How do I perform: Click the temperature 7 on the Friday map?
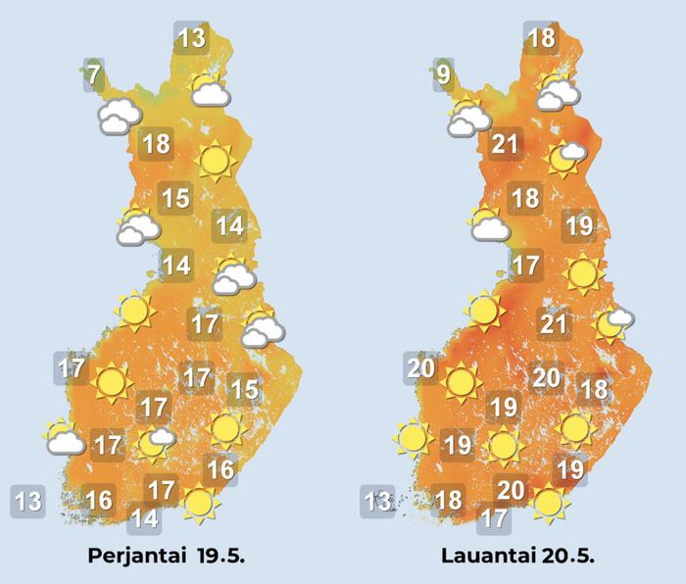[92, 74]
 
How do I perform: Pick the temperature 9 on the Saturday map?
[444, 74]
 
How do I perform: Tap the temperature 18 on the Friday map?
[156, 145]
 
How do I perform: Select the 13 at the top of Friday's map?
[192, 39]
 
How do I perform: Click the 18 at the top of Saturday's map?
[541, 39]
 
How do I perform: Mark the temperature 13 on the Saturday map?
[377, 503]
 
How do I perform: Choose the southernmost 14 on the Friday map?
[144, 517]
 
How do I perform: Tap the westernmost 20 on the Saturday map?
[419, 368]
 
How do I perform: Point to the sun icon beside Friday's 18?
[215, 161]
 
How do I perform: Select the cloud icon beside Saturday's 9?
[468, 118]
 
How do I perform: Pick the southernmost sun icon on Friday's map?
[200, 504]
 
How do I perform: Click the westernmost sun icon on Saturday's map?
[414, 437]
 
